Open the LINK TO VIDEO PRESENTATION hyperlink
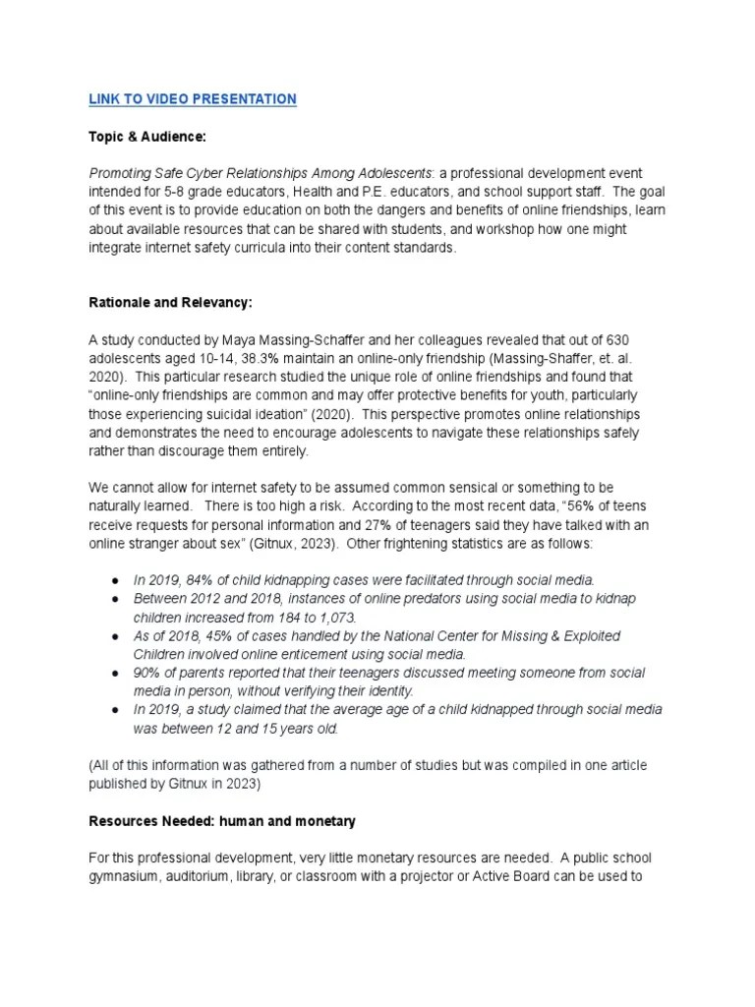(192, 99)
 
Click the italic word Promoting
(125, 174)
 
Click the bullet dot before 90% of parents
(116, 674)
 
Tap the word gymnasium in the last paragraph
(126, 875)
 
